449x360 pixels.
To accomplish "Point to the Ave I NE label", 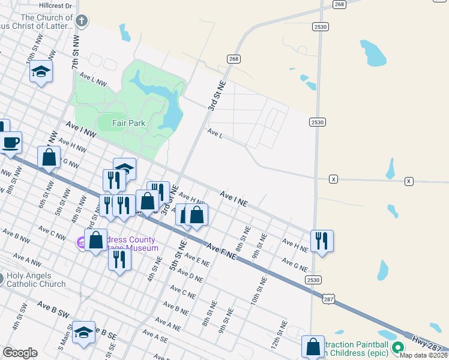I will pos(234,199).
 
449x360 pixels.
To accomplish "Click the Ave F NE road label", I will pos(221,251).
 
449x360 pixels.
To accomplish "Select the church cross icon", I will pos(82,22).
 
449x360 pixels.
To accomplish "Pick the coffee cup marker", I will pos(11,143).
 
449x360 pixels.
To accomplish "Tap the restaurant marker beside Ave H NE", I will pos(322,241).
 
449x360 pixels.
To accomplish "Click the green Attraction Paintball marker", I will pos(397,347).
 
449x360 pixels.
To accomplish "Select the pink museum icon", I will pos(80,243).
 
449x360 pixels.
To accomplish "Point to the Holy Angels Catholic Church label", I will pos(36,280).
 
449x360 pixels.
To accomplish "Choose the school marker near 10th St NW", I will pos(41,71).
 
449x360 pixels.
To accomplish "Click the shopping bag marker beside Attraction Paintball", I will pos(313,346).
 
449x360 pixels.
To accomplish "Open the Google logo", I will pos(20,353).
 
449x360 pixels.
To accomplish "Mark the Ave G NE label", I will pos(294,265).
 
